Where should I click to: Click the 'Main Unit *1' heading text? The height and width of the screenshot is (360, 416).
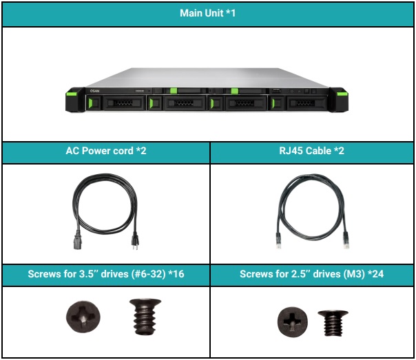[207, 14]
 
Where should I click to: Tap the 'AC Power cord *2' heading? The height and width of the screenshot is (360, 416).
[105, 151]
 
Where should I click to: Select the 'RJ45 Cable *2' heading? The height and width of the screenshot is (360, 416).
[313, 151]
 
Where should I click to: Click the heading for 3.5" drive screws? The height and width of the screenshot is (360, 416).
[105, 274]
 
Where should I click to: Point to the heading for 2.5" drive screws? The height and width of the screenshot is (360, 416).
[313, 274]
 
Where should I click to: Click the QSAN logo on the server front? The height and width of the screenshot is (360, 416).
[96, 90]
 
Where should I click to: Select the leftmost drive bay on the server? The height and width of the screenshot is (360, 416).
[118, 103]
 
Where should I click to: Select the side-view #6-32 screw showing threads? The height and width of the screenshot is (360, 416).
[143, 316]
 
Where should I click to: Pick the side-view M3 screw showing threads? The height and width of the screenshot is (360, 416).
[333, 321]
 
